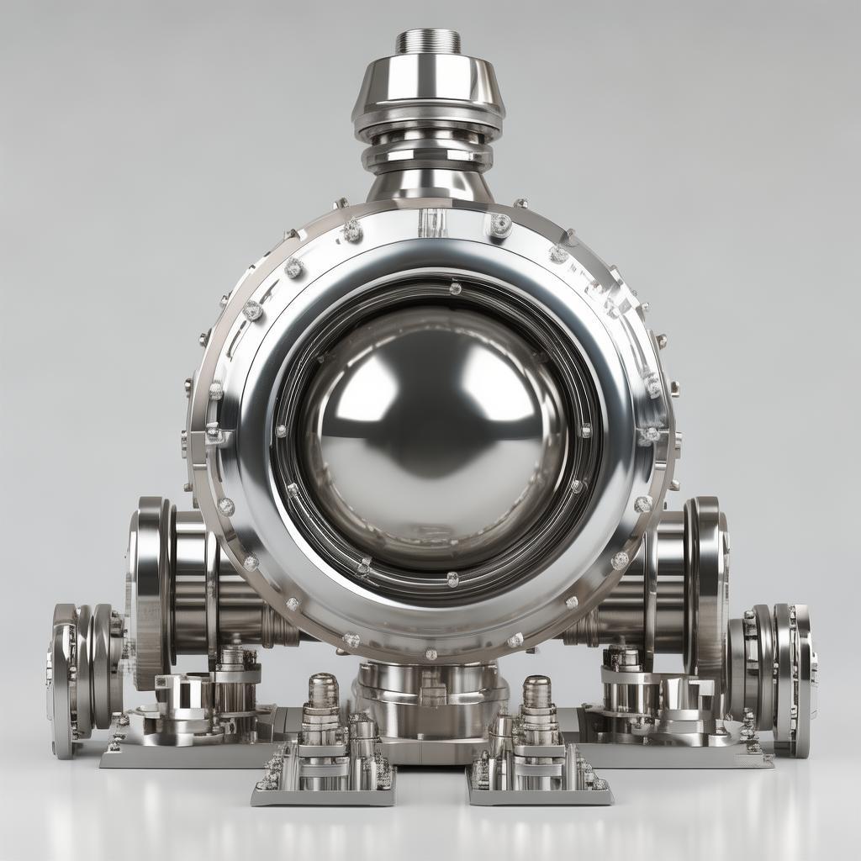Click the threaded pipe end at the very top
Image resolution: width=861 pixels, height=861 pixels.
(428, 40)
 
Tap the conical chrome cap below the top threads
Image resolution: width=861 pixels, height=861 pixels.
(428, 84)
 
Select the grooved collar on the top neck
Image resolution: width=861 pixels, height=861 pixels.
(428, 151)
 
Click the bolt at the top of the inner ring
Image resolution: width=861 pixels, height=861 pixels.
(455, 288)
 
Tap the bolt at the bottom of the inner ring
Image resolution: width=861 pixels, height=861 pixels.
(452, 578)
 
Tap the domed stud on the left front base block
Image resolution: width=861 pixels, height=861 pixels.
(323, 689)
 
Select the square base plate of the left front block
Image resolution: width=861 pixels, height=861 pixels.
(323, 795)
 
